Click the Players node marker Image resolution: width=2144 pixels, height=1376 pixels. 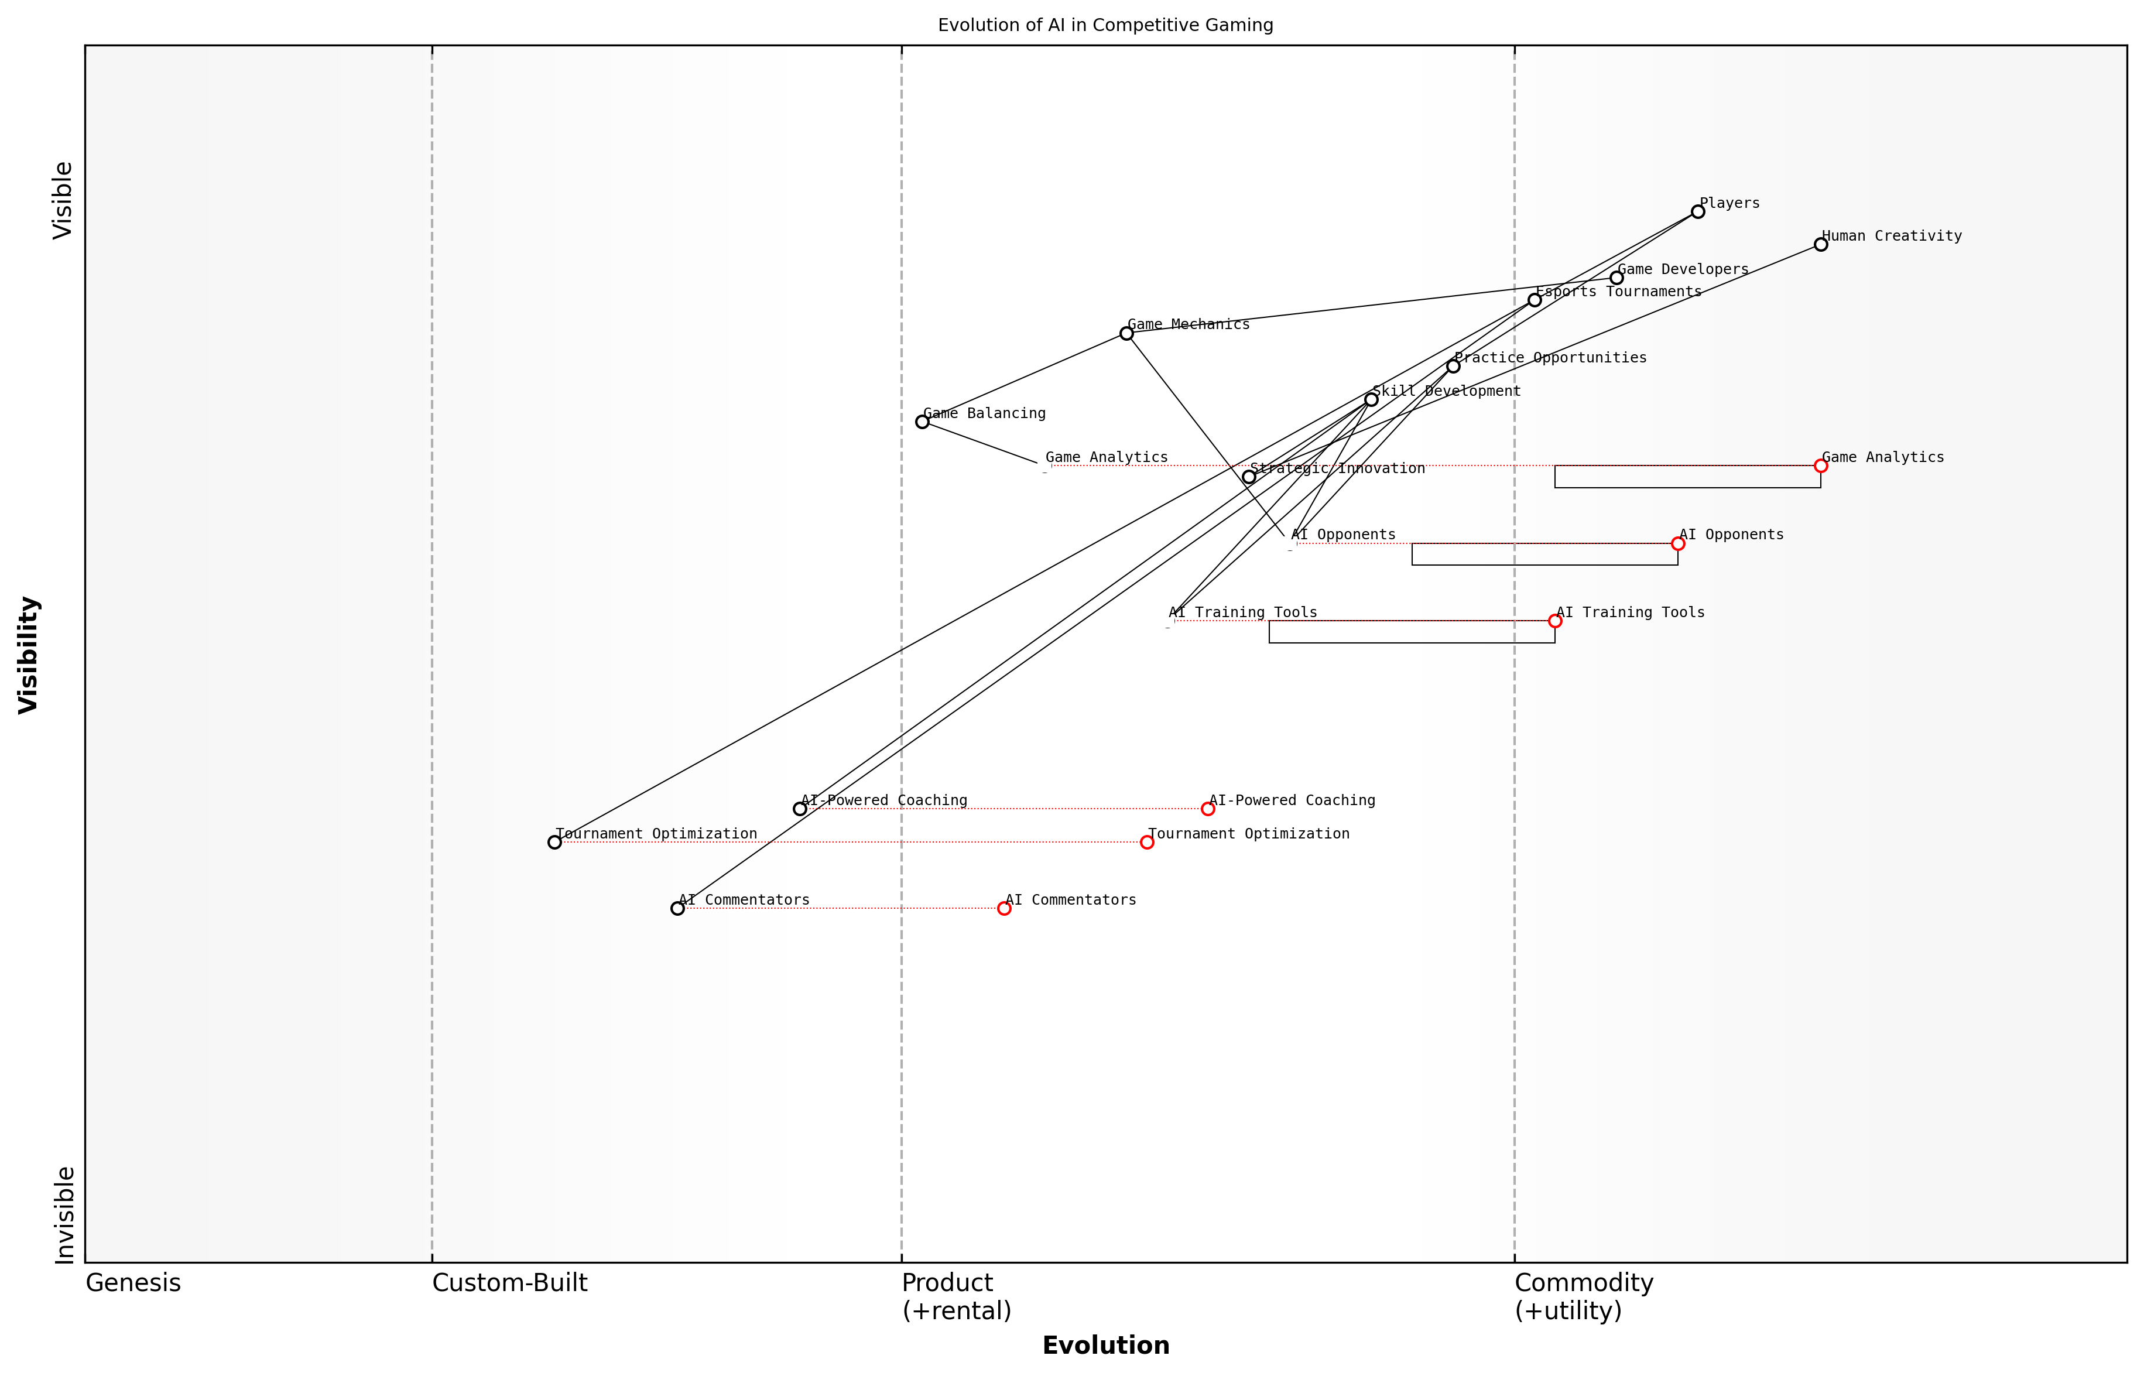1697,212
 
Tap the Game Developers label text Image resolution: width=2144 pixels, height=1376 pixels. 1683,269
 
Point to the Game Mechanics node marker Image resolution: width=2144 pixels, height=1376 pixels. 1126,333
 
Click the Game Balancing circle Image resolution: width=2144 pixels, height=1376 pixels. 922,422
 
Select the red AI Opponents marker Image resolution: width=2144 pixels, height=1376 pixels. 1678,543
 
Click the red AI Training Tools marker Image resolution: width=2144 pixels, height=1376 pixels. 1555,621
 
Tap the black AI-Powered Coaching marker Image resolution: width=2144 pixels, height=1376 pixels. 800,809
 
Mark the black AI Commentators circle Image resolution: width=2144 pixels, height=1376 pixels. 677,909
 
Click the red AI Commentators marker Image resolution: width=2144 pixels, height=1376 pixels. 1004,909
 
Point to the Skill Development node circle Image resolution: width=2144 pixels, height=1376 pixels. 1371,399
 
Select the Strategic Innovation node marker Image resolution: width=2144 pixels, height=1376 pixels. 1249,477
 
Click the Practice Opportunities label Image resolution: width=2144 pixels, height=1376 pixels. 1550,357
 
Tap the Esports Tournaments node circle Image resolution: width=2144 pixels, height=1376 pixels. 1535,300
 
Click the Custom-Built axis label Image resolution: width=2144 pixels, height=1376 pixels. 509,1283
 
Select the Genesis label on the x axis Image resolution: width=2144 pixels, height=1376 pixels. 133,1283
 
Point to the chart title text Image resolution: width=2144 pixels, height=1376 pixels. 1105,25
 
